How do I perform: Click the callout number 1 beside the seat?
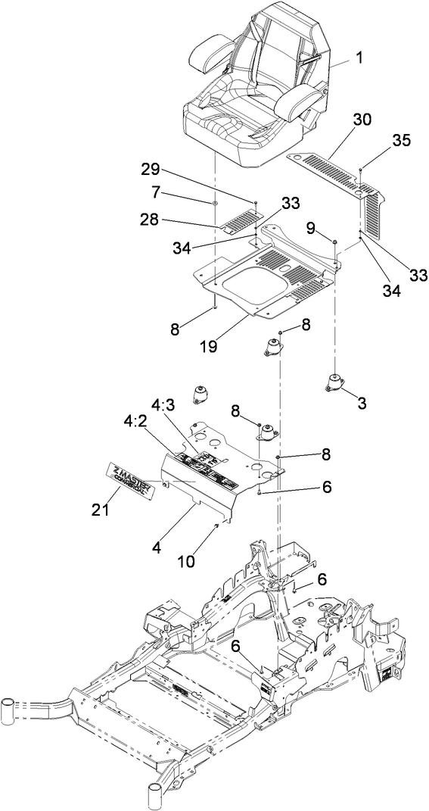point(359,57)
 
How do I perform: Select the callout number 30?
point(362,119)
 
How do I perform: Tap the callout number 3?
point(362,404)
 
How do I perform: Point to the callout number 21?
point(100,510)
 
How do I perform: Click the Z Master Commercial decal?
point(130,482)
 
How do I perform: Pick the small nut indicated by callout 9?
point(334,241)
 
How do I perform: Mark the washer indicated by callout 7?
point(215,204)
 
